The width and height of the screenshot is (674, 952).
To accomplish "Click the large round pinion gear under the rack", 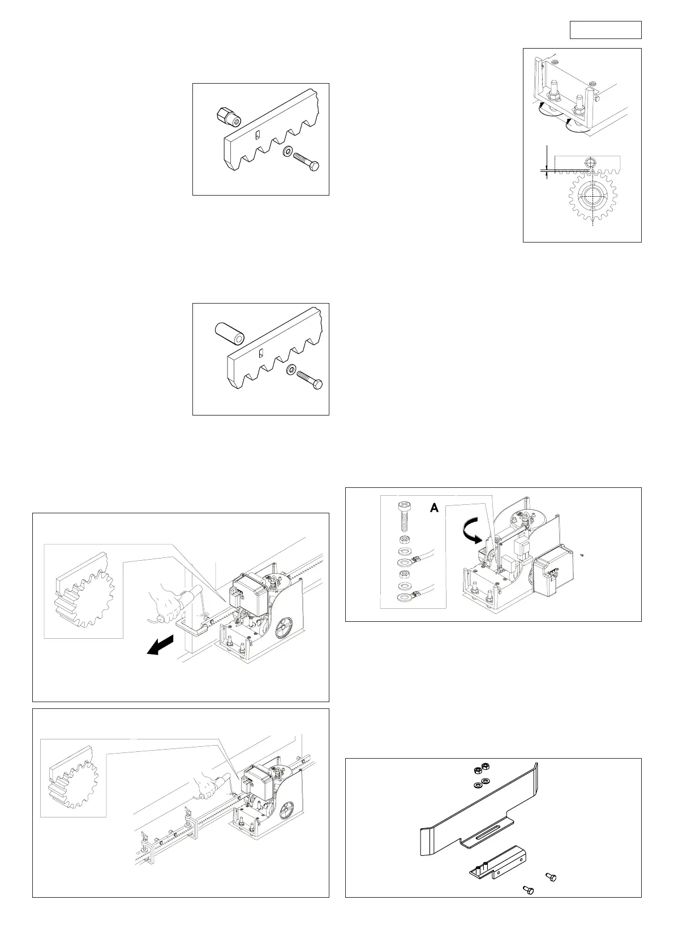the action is [593, 197].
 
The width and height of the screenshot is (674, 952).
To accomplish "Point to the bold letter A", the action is [434, 508].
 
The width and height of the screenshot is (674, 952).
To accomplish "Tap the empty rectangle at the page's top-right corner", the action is [605, 30].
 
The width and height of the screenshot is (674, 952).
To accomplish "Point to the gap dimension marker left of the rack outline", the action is [547, 169].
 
